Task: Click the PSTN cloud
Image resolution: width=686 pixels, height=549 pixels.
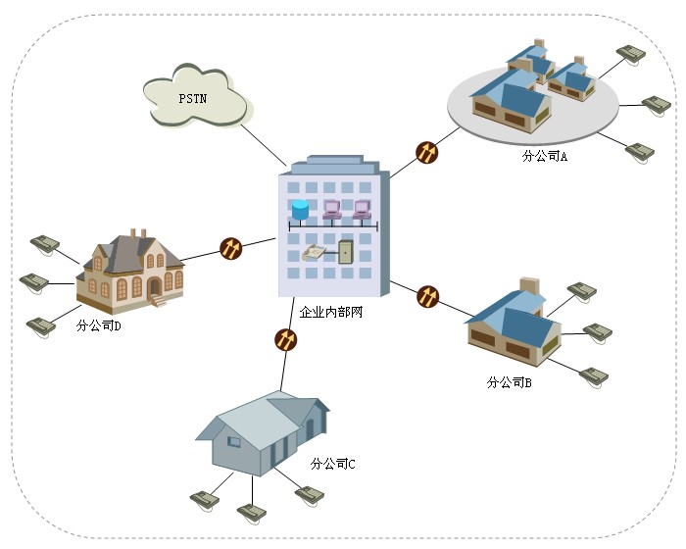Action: [194, 97]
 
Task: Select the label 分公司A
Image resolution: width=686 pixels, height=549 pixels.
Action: [545, 156]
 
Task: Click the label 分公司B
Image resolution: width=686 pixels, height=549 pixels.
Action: [509, 382]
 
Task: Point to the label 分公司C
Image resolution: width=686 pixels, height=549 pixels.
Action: [332, 463]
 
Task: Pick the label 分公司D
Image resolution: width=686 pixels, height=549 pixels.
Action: [98, 325]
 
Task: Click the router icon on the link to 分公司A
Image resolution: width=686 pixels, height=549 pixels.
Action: [426, 152]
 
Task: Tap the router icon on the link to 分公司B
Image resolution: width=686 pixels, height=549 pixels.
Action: [428, 295]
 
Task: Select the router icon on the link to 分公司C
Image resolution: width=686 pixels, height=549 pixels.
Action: [285, 339]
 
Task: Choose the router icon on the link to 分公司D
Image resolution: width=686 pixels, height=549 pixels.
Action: [230, 247]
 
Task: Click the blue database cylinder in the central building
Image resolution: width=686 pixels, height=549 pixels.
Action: [300, 209]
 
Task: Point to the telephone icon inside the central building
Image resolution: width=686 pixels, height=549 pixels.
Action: [315, 252]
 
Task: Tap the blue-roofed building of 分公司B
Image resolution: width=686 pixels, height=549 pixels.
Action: [514, 324]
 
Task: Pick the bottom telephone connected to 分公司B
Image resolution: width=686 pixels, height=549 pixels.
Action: [593, 374]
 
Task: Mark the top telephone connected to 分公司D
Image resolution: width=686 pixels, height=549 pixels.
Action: [45, 241]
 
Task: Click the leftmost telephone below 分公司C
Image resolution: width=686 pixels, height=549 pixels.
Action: [205, 498]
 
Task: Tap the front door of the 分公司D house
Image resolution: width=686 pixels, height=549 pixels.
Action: [154, 287]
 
